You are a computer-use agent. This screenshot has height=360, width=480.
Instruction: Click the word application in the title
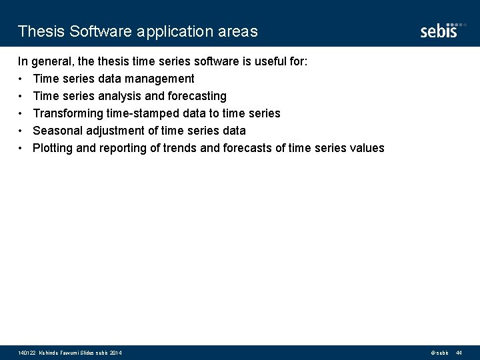pos(177,31)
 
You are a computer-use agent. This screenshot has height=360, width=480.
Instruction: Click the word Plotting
pos(53,148)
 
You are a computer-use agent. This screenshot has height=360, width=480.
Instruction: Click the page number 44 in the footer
pos(459,352)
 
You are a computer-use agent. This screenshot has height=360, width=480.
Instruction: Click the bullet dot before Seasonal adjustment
pos(21,131)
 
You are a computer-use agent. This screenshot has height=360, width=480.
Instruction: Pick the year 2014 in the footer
pos(114,352)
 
